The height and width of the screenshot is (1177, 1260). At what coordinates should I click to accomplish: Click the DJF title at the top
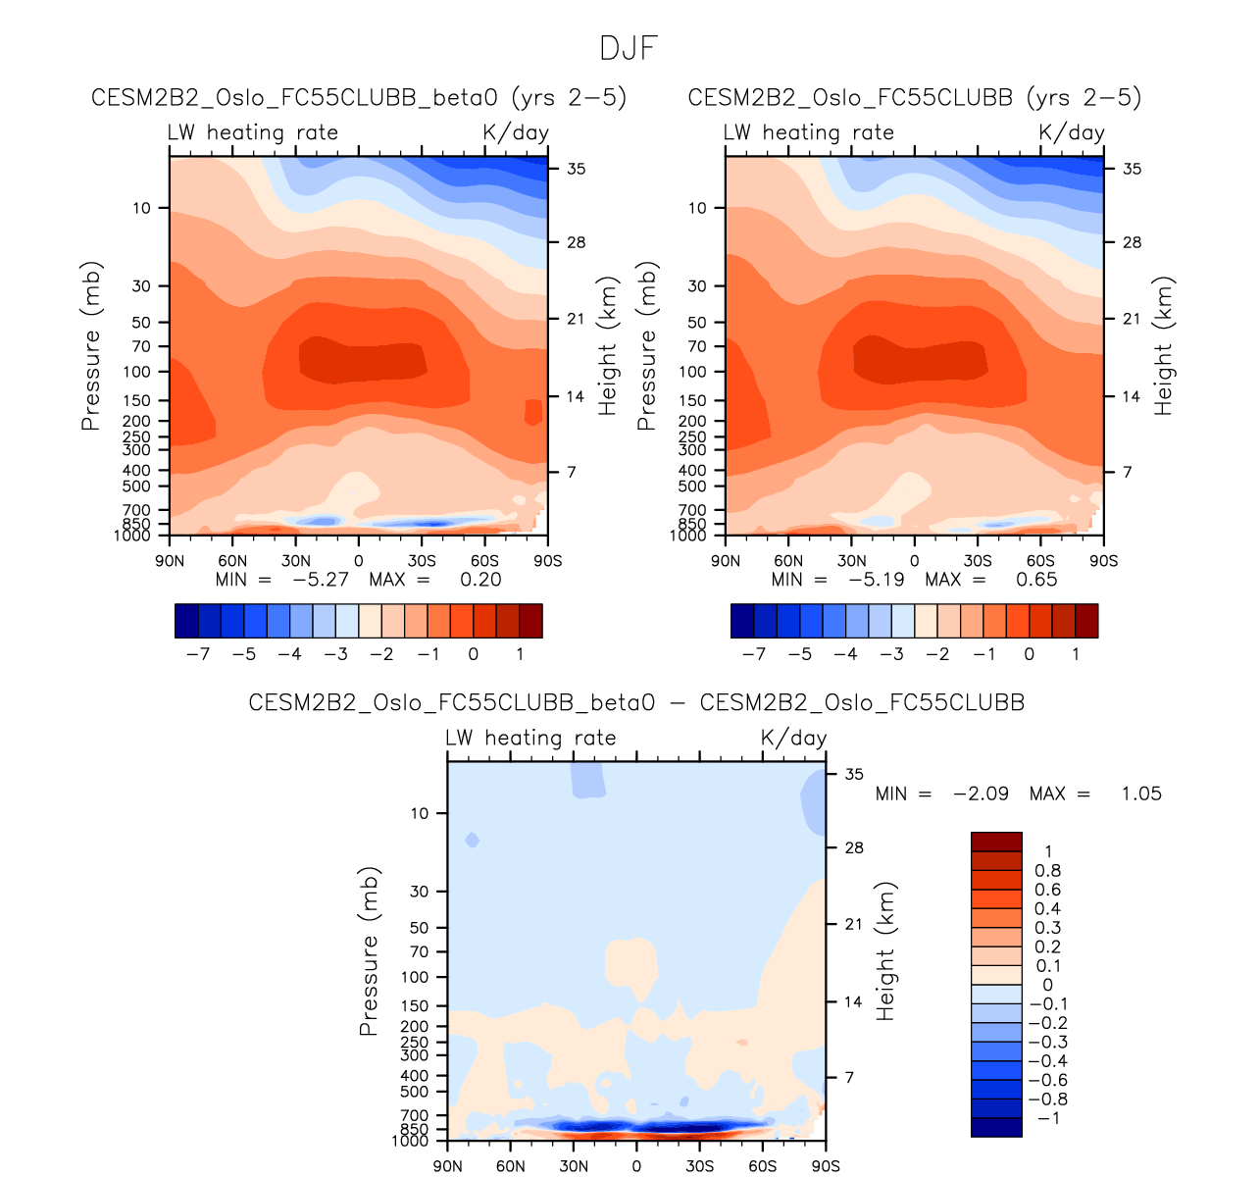tap(629, 48)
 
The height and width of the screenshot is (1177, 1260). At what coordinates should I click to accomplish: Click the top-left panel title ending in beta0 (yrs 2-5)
tap(359, 98)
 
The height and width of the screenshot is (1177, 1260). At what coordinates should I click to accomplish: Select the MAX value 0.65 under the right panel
tap(1036, 580)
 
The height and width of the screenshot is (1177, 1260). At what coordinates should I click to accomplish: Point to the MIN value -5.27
tap(321, 580)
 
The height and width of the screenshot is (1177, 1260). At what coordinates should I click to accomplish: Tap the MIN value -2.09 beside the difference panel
tap(981, 793)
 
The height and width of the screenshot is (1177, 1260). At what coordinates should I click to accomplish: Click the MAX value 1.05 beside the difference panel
tap(1141, 793)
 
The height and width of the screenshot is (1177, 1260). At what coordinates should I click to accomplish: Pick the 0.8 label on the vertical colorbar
tap(1047, 871)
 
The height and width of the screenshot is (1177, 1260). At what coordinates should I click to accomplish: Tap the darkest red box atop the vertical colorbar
tap(996, 842)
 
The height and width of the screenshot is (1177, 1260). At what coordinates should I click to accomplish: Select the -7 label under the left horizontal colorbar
tap(198, 654)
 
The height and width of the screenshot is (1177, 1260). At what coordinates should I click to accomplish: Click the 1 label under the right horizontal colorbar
tap(1076, 654)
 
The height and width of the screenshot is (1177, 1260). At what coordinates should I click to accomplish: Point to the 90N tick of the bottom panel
tap(448, 1166)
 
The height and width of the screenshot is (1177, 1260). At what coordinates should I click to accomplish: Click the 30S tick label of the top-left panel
tap(422, 561)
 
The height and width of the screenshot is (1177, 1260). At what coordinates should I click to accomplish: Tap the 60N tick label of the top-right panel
tap(788, 561)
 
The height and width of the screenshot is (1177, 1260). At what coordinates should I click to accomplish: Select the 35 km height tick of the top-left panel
tap(576, 169)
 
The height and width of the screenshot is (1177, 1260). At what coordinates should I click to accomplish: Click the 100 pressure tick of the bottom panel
tap(415, 977)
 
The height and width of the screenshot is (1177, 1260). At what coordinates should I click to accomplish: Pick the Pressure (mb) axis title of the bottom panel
tap(369, 951)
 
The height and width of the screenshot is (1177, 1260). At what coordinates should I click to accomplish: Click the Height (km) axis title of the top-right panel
tap(1164, 346)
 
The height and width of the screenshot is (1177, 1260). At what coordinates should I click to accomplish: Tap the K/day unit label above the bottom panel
tap(793, 739)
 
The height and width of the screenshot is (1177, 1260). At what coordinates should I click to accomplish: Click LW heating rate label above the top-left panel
tap(253, 133)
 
